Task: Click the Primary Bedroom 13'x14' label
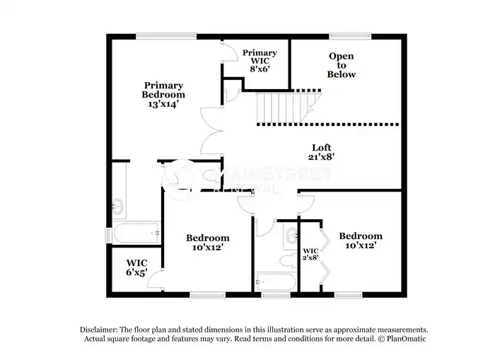pyautogui.click(x=163, y=95)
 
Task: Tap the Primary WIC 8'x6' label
pyautogui.click(x=260, y=61)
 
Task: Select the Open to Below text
pyautogui.click(x=342, y=65)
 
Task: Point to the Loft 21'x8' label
pyautogui.click(x=321, y=152)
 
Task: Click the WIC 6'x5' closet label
pyautogui.click(x=136, y=267)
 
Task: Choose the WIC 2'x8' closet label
pyautogui.click(x=310, y=254)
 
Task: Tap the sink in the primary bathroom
pyautogui.click(x=117, y=207)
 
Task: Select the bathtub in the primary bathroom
pyautogui.click(x=136, y=233)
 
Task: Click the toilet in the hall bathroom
pyautogui.click(x=289, y=261)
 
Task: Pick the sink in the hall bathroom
pyautogui.click(x=292, y=236)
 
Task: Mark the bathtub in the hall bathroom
pyautogui.click(x=275, y=281)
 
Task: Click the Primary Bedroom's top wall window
pyautogui.click(x=166, y=36)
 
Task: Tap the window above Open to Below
pyautogui.click(x=351, y=36)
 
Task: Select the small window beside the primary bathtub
pyautogui.click(x=108, y=236)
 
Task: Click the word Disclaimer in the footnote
pyautogui.click(x=98, y=330)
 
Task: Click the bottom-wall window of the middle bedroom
pyautogui.click(x=207, y=295)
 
